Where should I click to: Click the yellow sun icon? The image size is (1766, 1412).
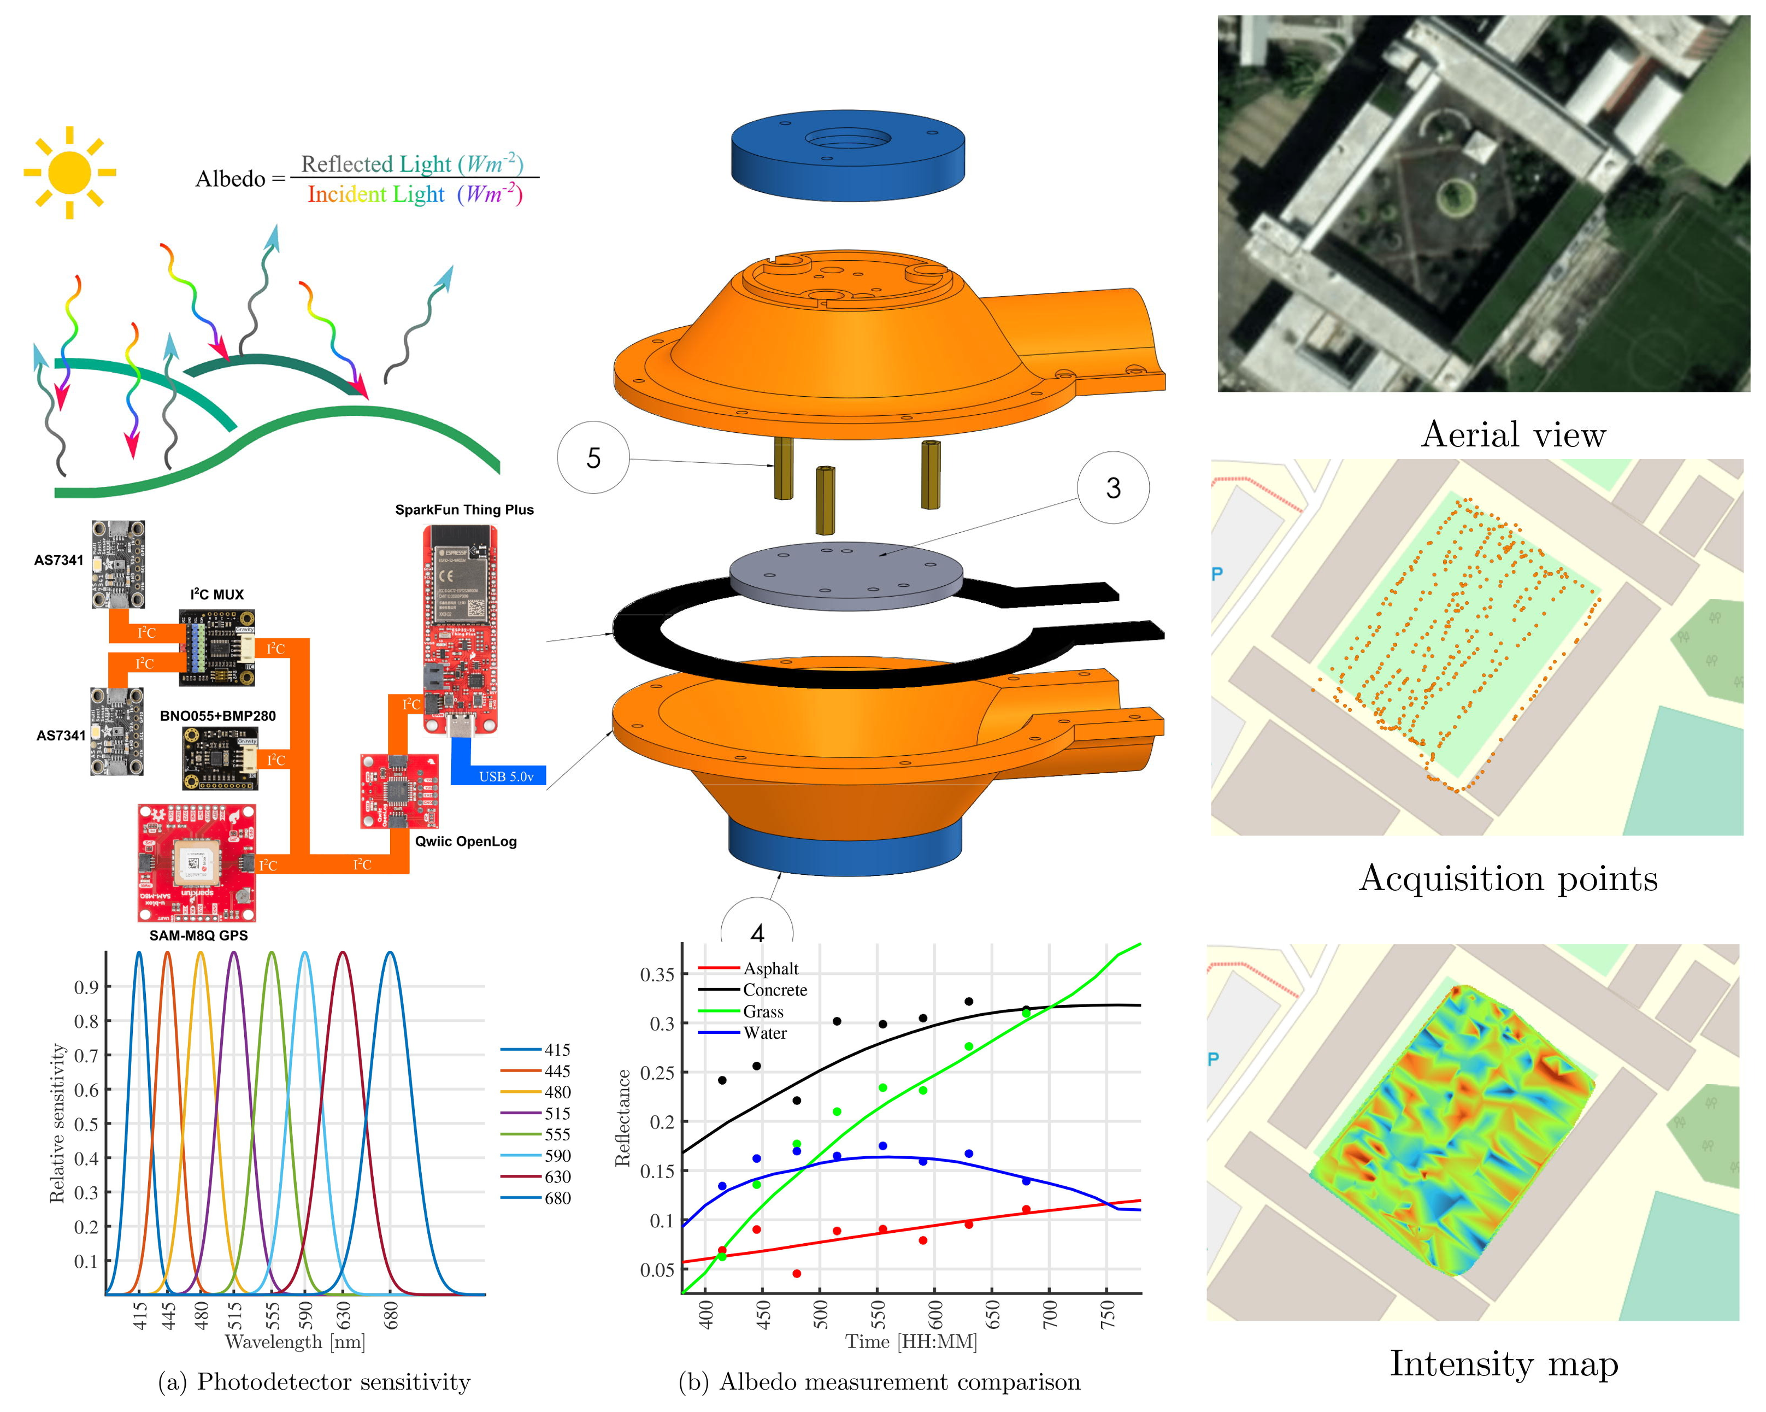69,173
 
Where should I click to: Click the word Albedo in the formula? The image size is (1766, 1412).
230,179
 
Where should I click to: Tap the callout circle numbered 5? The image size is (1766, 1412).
593,457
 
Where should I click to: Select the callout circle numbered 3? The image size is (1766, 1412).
1112,488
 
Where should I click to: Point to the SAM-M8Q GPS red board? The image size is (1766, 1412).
197,862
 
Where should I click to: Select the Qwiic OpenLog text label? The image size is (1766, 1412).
465,841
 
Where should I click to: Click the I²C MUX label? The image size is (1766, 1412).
216,594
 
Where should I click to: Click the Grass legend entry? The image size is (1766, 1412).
763,1011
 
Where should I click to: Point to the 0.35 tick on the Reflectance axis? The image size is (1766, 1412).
657,975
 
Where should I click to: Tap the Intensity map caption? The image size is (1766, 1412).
1503,1364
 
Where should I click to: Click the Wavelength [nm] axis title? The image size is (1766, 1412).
295,1342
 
